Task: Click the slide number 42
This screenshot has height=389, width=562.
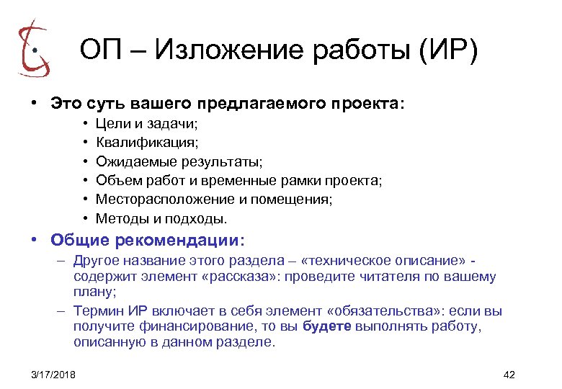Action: click(x=510, y=375)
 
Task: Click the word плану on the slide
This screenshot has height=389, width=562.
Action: click(x=90, y=292)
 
